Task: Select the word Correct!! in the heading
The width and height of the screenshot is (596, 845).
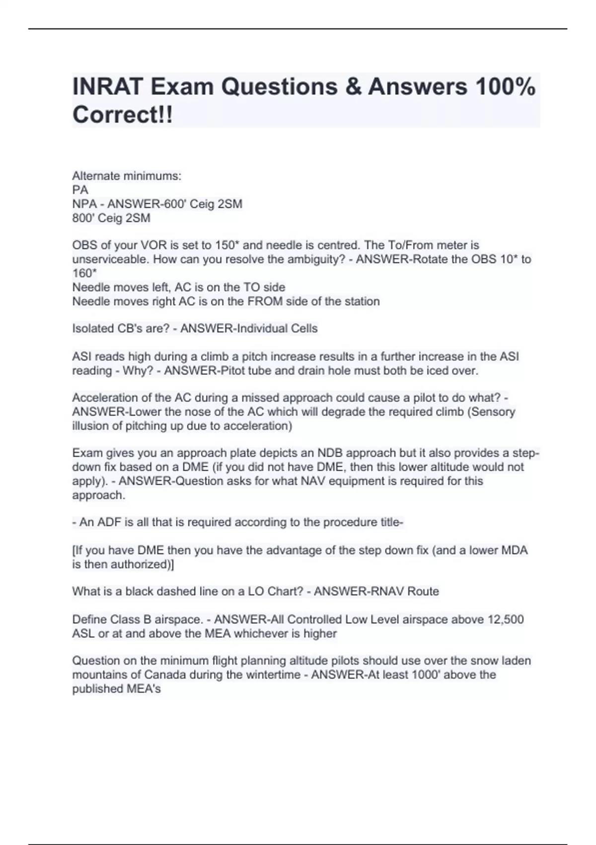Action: coord(123,115)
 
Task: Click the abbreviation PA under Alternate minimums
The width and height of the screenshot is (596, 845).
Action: coord(80,190)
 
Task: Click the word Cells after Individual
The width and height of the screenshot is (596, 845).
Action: coord(304,329)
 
